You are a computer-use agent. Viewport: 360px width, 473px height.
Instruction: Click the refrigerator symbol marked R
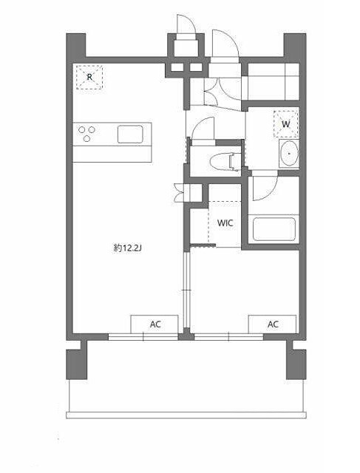(89, 77)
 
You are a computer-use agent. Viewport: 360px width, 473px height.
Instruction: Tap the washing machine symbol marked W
(286, 124)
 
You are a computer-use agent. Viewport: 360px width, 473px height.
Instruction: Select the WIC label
(225, 223)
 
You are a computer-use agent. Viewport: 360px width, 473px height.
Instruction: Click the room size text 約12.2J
(128, 248)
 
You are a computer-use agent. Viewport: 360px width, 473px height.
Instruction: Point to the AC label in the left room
(155, 324)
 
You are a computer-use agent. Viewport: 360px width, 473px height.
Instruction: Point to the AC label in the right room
(273, 324)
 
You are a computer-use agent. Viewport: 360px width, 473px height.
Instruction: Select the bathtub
(274, 229)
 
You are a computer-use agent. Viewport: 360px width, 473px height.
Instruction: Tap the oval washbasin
(289, 154)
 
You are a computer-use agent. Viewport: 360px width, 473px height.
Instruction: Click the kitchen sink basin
(130, 134)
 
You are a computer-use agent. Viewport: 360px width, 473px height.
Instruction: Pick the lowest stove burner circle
(87, 139)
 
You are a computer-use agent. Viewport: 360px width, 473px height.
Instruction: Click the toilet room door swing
(203, 128)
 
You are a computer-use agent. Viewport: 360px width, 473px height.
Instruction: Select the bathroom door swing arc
(265, 188)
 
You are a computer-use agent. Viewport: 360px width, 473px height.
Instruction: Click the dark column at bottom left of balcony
(77, 364)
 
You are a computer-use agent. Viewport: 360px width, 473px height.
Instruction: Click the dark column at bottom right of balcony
(296, 364)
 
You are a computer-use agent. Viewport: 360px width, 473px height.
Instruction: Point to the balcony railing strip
(186, 415)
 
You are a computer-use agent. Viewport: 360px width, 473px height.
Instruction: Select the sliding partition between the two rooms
(187, 290)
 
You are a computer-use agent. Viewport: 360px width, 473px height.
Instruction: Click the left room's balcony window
(143, 337)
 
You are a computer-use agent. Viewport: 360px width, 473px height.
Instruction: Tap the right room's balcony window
(228, 337)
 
